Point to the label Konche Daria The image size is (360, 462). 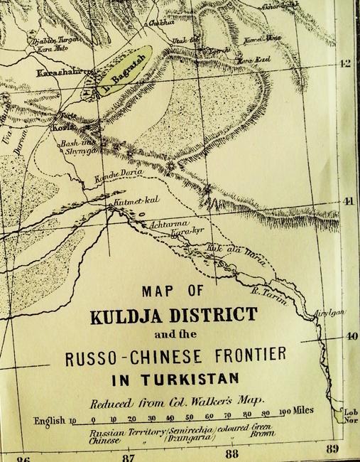[x=104, y=178]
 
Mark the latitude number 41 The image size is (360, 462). [x=347, y=201]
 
